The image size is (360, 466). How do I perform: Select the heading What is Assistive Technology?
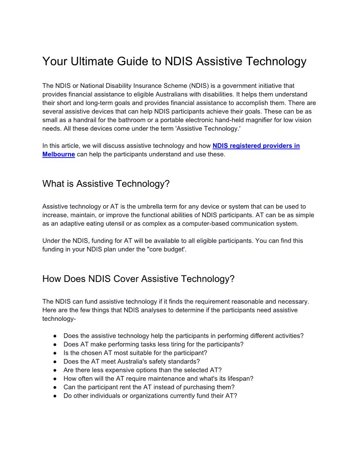tap(106, 184)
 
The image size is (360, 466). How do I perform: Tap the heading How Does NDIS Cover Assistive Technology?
tap(138, 279)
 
